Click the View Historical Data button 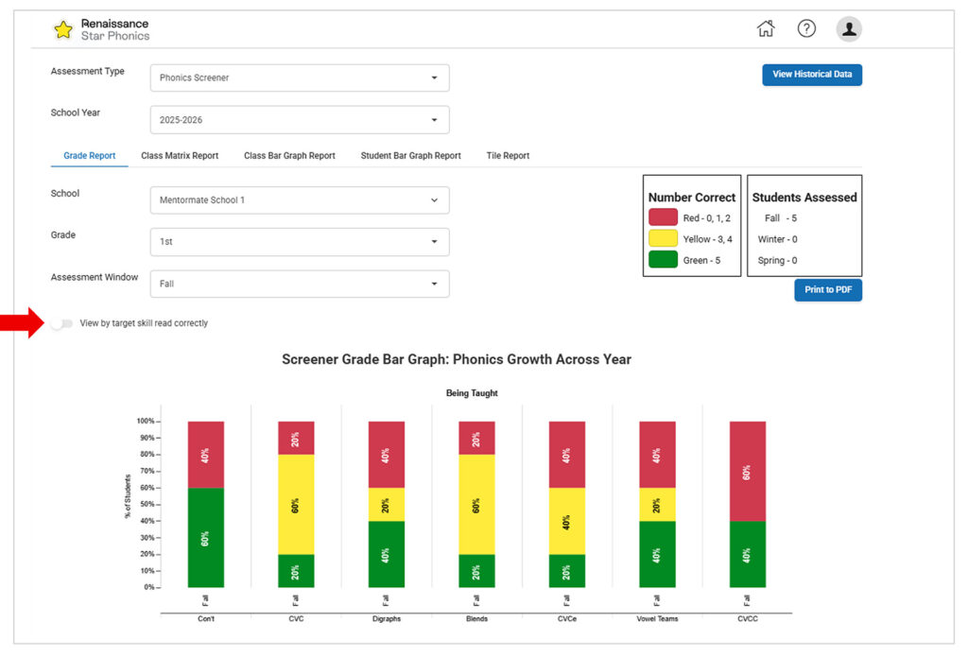click(x=811, y=74)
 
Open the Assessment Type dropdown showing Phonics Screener click(x=299, y=78)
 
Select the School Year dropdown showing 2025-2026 click(x=299, y=120)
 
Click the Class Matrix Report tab click(x=180, y=156)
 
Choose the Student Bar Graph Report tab click(x=410, y=156)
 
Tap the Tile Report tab click(x=508, y=156)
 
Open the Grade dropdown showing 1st click(x=299, y=242)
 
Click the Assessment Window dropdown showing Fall click(x=299, y=284)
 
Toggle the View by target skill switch click(x=61, y=323)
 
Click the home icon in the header click(x=766, y=28)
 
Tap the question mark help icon click(x=806, y=28)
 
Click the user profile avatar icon click(x=849, y=28)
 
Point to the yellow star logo click(x=63, y=29)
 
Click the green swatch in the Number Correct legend click(x=663, y=260)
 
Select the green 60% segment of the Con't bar click(x=205, y=537)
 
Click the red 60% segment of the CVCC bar click(x=747, y=471)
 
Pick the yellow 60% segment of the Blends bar click(x=475, y=504)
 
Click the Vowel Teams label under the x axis click(x=657, y=619)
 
